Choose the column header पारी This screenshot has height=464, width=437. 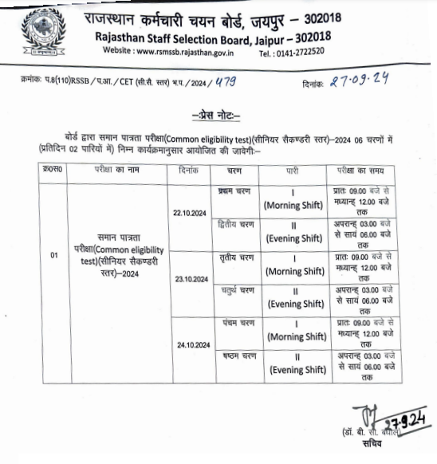point(293,171)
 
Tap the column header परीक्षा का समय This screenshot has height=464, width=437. point(368,171)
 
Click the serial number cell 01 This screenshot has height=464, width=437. point(54,255)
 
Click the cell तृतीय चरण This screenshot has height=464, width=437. point(234,257)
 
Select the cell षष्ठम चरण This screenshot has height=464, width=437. point(234,353)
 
